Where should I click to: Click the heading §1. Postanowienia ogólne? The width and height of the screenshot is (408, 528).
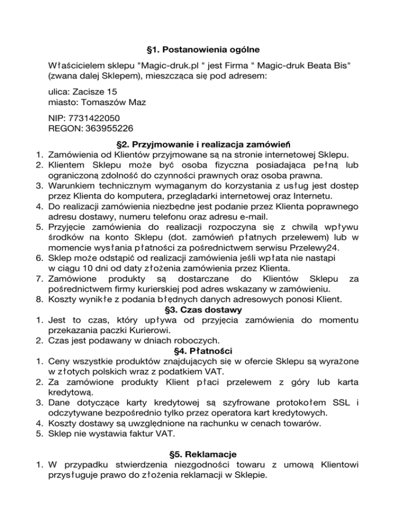(x=203, y=50)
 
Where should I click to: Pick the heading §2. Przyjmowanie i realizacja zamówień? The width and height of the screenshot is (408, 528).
(x=203, y=144)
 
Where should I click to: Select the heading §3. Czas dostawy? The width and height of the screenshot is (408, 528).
(x=203, y=310)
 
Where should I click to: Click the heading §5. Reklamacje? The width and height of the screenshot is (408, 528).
(x=203, y=455)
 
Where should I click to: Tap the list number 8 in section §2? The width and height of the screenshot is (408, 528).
(x=39, y=300)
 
